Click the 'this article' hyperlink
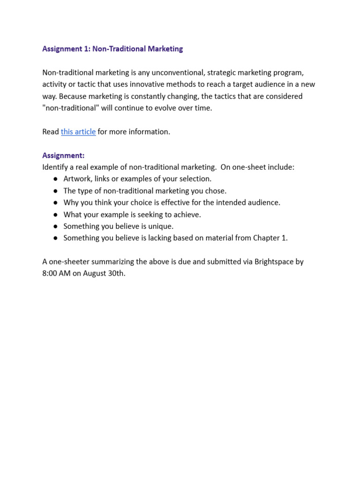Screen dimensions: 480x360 click(x=78, y=132)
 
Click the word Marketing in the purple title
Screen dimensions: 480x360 click(x=162, y=49)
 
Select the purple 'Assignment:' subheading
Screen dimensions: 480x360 click(x=63, y=155)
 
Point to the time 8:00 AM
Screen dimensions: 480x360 click(x=56, y=273)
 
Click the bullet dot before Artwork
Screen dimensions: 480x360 click(x=55, y=179)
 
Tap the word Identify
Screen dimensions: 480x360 click(x=56, y=167)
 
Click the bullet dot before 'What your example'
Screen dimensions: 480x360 click(x=55, y=214)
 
